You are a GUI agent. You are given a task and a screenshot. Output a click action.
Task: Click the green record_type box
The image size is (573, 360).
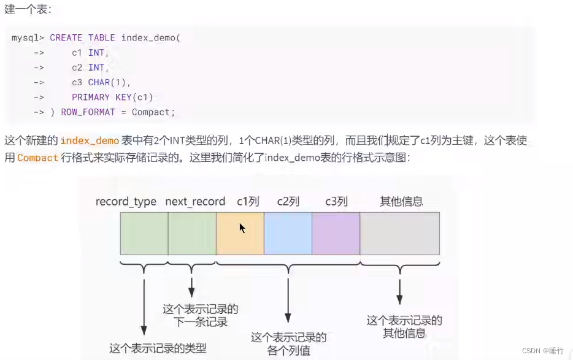click(144, 233)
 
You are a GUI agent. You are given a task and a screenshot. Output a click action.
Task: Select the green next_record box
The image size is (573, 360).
click(192, 233)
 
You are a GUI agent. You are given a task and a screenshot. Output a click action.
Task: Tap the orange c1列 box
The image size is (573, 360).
click(240, 233)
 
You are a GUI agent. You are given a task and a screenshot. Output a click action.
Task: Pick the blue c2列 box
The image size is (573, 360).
click(288, 233)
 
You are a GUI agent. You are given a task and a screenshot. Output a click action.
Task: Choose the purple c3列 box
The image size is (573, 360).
click(336, 233)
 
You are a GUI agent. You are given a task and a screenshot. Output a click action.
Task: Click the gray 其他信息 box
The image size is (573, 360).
click(399, 233)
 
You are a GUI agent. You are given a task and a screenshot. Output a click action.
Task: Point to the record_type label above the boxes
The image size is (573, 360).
click(126, 202)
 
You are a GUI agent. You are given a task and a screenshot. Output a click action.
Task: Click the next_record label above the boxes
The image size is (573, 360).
click(195, 202)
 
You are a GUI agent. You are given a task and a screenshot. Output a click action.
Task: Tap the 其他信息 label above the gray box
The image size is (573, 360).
click(401, 202)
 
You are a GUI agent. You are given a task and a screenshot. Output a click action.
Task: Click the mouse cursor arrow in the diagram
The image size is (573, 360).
click(242, 228)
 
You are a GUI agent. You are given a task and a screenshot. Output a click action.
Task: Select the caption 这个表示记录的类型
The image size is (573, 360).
click(158, 348)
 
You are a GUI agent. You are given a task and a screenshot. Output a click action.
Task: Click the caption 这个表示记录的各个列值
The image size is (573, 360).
click(288, 344)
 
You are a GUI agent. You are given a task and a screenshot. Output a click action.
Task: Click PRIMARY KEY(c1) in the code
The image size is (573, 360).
click(112, 97)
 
